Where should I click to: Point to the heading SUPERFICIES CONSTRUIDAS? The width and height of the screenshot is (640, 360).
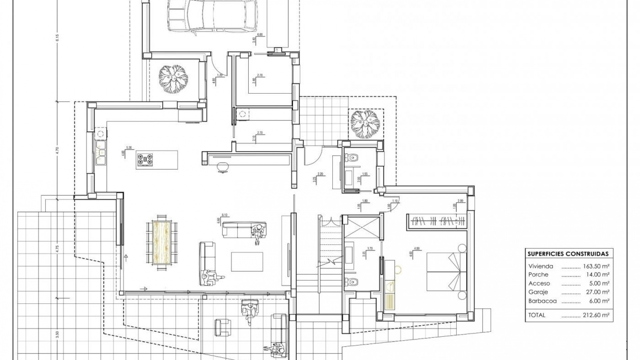568,254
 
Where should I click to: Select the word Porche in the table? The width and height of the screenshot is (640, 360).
538,275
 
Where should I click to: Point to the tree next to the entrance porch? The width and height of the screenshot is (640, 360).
366,124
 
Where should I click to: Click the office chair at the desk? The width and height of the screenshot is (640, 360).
222,167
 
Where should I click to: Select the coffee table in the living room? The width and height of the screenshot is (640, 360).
247,262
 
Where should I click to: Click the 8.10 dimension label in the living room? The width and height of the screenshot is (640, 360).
224,215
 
